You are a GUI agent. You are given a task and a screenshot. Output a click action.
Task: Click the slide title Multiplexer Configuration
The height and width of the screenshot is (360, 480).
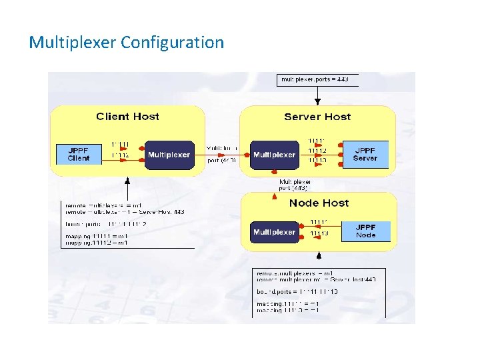(127, 43)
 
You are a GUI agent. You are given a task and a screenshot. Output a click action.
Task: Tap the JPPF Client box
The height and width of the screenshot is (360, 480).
(79, 155)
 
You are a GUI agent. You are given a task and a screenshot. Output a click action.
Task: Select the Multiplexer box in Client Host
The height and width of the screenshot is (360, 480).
(169, 155)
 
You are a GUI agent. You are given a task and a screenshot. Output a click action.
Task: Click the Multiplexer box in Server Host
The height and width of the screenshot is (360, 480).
(274, 155)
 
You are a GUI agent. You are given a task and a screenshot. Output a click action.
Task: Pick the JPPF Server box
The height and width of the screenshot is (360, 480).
(365, 155)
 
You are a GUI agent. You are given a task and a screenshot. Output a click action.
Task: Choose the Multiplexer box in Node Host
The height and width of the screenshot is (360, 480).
(274, 232)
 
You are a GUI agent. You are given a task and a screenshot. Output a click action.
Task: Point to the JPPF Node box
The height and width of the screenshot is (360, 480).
(366, 231)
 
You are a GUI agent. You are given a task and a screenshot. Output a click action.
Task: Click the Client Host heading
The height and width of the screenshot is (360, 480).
(127, 117)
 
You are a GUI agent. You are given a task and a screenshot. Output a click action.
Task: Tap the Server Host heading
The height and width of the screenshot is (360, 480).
(317, 117)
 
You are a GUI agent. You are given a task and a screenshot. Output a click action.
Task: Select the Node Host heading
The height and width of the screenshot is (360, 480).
(319, 203)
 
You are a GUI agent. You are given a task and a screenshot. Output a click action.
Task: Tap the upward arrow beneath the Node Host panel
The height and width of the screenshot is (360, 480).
(319, 256)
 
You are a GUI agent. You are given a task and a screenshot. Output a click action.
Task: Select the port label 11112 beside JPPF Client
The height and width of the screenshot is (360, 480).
(120, 155)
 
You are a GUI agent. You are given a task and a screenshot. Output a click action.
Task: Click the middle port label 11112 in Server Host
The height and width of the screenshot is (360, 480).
(317, 151)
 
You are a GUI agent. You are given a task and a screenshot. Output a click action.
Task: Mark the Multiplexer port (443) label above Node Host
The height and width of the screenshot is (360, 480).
(294, 185)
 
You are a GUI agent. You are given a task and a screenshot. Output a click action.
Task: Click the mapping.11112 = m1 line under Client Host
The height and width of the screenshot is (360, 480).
(97, 243)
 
